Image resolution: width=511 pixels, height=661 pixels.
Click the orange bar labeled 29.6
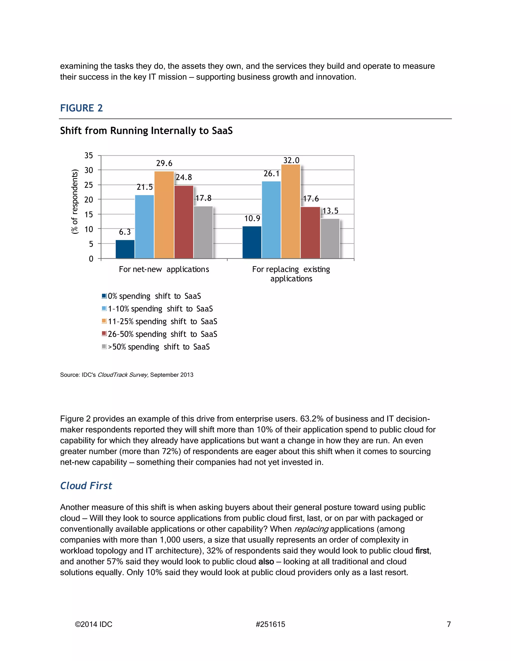click(164, 215)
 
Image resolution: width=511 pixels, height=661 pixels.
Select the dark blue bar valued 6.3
click(125, 249)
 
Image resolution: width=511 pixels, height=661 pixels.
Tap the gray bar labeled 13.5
click(330, 238)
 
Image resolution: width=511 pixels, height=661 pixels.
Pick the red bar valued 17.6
click(310, 232)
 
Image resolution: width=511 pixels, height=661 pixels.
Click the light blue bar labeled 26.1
click(271, 220)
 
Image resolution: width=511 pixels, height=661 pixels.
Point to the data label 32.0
click(291, 160)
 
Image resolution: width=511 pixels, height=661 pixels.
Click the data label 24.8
click(184, 177)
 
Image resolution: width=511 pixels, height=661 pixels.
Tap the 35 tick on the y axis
click(89, 156)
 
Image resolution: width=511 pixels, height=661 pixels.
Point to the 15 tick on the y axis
click(89, 215)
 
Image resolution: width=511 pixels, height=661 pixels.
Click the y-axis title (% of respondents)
click(74, 202)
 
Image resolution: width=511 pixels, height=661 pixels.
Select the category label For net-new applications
click(164, 269)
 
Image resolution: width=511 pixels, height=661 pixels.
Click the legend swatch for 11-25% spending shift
click(104, 321)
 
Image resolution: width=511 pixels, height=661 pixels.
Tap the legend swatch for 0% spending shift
click(104, 296)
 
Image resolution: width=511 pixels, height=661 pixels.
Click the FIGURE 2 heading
click(81, 108)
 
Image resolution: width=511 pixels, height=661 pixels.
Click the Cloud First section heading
click(86, 486)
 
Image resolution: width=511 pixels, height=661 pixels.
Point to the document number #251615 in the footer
click(270, 624)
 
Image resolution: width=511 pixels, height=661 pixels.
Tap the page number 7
click(449, 624)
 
